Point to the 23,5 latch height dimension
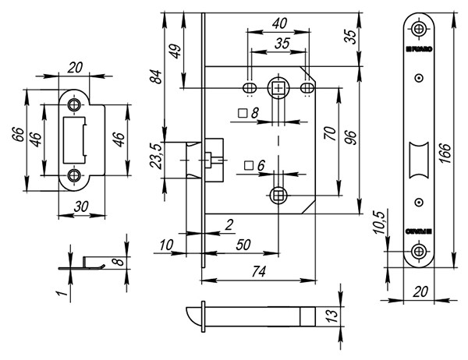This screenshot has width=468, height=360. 157,157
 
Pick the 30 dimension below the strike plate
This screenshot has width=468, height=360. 76,206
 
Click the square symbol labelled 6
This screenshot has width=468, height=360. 248,165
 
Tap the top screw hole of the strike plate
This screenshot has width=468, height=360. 76,104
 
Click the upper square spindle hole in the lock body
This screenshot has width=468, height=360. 278,89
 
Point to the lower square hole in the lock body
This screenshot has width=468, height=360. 278,193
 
